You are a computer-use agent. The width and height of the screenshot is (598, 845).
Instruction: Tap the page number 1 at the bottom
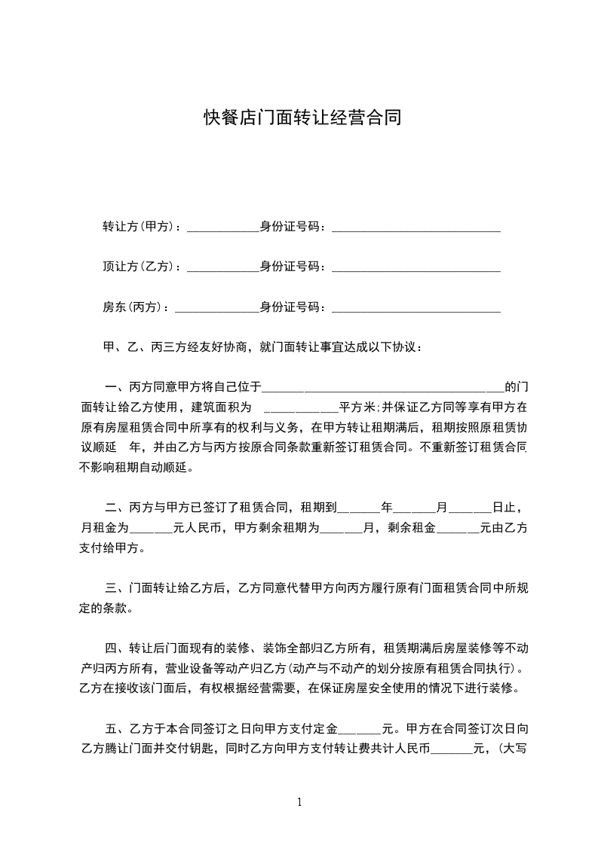[299, 801]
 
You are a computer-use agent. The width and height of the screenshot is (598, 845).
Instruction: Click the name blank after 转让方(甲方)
[222, 227]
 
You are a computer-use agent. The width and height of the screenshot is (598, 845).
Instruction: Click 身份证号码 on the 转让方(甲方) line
[292, 226]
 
